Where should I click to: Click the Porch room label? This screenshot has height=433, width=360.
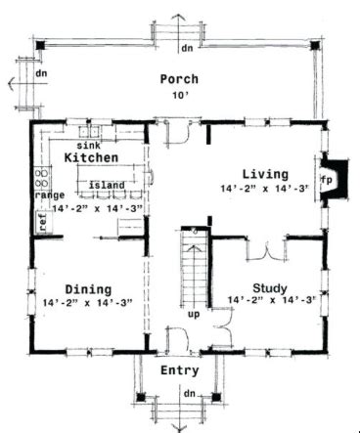(179, 79)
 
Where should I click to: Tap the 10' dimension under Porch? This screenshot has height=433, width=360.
(180, 96)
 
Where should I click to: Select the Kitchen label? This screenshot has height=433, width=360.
(92, 157)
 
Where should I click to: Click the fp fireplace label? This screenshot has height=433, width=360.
(329, 181)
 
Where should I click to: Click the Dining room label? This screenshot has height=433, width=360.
(87, 288)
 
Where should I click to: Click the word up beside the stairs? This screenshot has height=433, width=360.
(194, 315)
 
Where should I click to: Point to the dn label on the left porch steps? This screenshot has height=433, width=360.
(41, 74)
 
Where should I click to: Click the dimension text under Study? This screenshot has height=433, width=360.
(271, 301)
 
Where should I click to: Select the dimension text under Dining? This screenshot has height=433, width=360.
(89, 303)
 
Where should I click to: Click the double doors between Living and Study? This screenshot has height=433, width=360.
(259, 251)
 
